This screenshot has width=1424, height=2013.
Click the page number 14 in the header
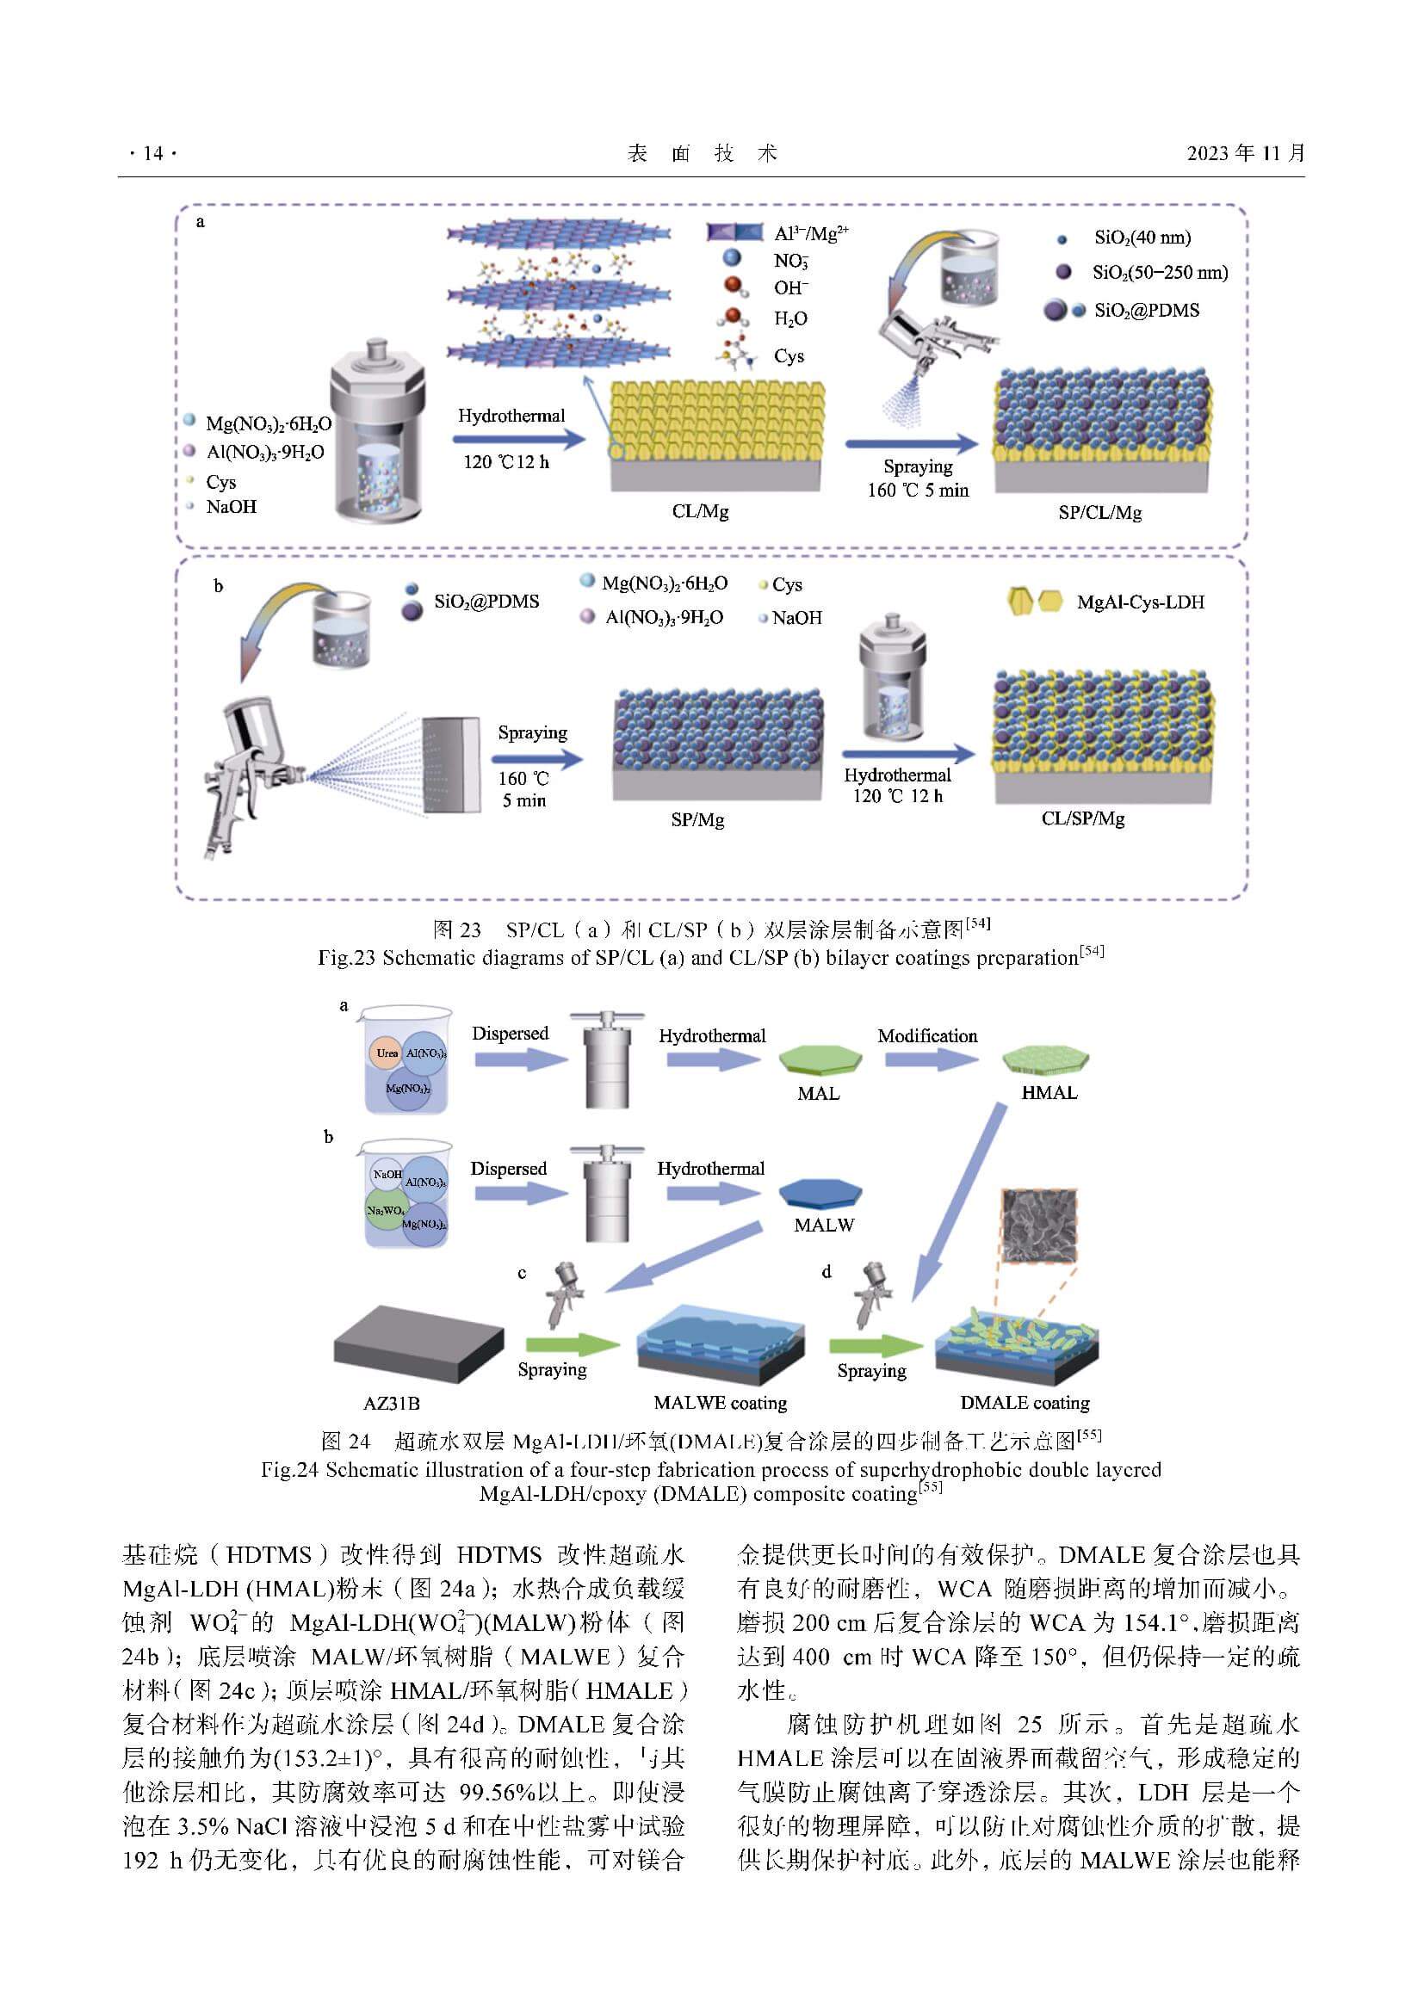coord(152,153)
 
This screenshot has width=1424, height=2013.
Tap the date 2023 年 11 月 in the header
coord(1245,153)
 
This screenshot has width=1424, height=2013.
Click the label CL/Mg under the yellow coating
coord(700,511)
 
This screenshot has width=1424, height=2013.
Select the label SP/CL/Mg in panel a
coord(1099,513)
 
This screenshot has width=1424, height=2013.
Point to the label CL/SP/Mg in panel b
coord(1083,818)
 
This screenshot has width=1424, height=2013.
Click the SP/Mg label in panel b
coord(697,820)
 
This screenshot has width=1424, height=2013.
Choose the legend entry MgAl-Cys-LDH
coord(1140,602)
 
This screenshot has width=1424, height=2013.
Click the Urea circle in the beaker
coord(387,1053)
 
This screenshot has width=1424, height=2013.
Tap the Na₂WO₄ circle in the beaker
coord(385,1210)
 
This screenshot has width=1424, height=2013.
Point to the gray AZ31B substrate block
coord(419,1345)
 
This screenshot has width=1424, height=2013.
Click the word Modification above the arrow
coord(927,1035)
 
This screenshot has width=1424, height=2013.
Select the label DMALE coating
coord(1025,1402)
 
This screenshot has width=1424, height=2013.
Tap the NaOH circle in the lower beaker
coord(387,1174)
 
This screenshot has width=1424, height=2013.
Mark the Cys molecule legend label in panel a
coord(789,356)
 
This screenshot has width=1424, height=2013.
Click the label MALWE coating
coord(720,1403)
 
